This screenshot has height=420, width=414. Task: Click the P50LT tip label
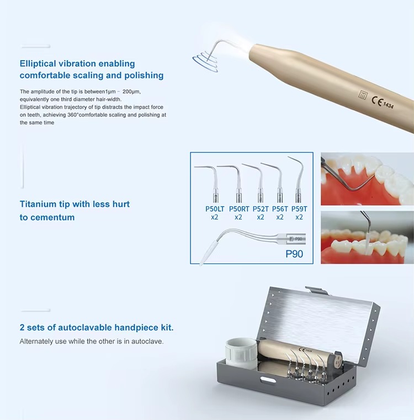(215, 209)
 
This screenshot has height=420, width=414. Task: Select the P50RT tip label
(239, 209)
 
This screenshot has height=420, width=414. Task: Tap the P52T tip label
(261, 209)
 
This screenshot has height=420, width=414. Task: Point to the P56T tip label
(280, 209)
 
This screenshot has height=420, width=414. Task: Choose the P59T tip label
(299, 209)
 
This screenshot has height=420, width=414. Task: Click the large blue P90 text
(294, 254)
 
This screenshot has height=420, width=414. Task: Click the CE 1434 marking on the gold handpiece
(383, 103)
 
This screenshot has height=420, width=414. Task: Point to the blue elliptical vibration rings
(205, 61)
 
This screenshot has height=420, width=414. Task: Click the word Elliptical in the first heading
(38, 64)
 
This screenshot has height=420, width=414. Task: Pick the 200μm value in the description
(131, 91)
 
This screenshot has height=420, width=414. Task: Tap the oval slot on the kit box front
(267, 380)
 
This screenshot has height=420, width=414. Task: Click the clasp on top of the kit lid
(317, 290)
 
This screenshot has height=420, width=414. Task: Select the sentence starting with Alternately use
(92, 342)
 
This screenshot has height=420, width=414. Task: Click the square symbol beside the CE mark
(363, 95)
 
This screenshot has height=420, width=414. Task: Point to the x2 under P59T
(299, 217)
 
